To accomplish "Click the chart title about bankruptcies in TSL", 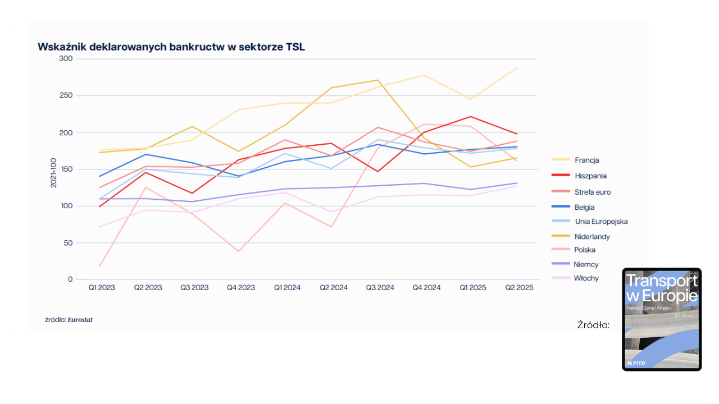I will click(x=171, y=47).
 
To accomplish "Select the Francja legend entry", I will click(x=586, y=160).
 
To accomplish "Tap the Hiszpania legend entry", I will click(x=590, y=176).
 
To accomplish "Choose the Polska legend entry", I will click(x=585, y=250).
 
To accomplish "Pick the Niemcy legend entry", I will click(x=586, y=265).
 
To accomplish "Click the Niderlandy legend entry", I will click(x=592, y=237).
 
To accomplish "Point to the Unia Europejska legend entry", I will click(x=601, y=222).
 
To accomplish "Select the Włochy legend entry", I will click(x=586, y=278).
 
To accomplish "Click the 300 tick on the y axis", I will click(x=66, y=59).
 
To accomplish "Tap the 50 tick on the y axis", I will click(x=69, y=243).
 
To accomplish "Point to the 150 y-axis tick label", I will click(x=66, y=169).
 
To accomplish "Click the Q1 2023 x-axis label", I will click(x=102, y=288).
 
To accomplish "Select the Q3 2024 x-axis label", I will click(x=380, y=288).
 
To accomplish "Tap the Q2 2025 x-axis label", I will click(x=518, y=288).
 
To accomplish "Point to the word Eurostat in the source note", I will click(x=80, y=320).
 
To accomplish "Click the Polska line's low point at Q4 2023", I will click(x=239, y=251).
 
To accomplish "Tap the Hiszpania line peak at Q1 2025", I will click(x=471, y=117).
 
